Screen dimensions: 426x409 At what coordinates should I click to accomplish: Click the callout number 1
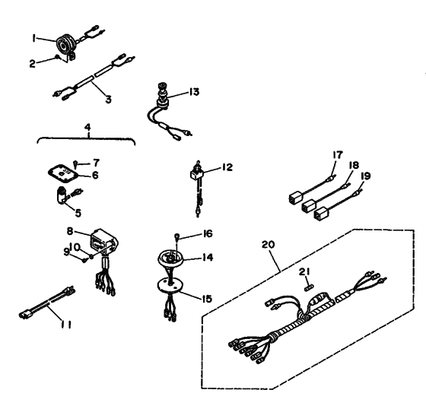pyautogui.click(x=33, y=39)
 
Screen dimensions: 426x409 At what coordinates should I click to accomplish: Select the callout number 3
pyautogui.click(x=108, y=100)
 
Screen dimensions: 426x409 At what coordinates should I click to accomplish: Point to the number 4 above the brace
pyautogui.click(x=87, y=128)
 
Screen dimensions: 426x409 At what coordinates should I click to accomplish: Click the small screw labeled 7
pyautogui.click(x=75, y=165)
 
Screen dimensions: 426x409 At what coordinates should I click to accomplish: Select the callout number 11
pyautogui.click(x=65, y=325)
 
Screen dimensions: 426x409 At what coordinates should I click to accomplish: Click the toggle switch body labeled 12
pyautogui.click(x=196, y=173)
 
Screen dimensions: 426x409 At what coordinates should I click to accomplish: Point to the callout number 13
pyautogui.click(x=194, y=92)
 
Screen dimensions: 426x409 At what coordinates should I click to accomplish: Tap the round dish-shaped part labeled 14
pyautogui.click(x=170, y=258)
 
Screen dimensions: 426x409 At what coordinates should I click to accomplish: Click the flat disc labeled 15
pyautogui.click(x=170, y=286)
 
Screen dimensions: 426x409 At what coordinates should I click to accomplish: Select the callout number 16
pyautogui.click(x=208, y=233)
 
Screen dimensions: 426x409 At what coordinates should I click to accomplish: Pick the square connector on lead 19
pyautogui.click(x=320, y=214)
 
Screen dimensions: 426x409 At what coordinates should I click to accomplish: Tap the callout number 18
pyautogui.click(x=354, y=165)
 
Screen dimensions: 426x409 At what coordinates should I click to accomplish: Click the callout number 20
pyautogui.click(x=268, y=245)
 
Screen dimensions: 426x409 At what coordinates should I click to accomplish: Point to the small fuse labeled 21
pyautogui.click(x=310, y=287)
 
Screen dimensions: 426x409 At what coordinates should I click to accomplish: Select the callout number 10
pyautogui.click(x=75, y=247)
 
